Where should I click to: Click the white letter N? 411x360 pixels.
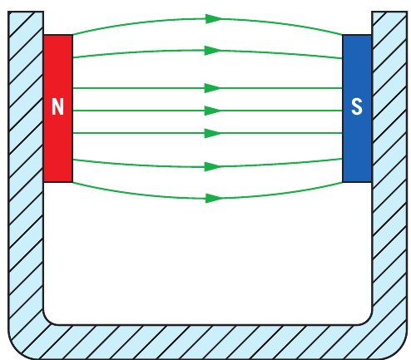pos(57,106)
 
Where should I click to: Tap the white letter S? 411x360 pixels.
pos(357,106)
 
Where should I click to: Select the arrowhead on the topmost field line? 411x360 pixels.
pos(214,19)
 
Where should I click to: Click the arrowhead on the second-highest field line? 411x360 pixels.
pos(213,51)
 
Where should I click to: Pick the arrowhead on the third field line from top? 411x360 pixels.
pos(213,88)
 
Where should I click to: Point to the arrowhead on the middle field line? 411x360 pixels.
pos(213,111)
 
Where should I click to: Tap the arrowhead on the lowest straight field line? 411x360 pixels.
pos(213,133)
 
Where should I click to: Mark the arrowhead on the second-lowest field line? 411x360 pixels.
pos(213,167)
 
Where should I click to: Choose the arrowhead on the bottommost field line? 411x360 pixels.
pos(214,198)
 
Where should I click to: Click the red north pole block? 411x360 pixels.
pos(58,108)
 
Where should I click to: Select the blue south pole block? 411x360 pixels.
pos(357,108)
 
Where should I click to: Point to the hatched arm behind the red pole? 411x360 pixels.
pos(26,166)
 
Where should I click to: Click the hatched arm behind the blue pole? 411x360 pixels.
pos(389,166)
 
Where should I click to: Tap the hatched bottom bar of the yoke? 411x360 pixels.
pos(207,342)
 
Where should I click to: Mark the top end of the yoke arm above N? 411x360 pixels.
pos(26,12)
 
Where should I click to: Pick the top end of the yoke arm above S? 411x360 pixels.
pos(389,12)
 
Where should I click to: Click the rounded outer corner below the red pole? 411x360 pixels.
pos(17,351)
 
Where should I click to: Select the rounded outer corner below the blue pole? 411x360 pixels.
pos(399,351)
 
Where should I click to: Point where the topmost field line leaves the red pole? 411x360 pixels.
pos(73,35)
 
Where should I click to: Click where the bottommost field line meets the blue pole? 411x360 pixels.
pos(343,182)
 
